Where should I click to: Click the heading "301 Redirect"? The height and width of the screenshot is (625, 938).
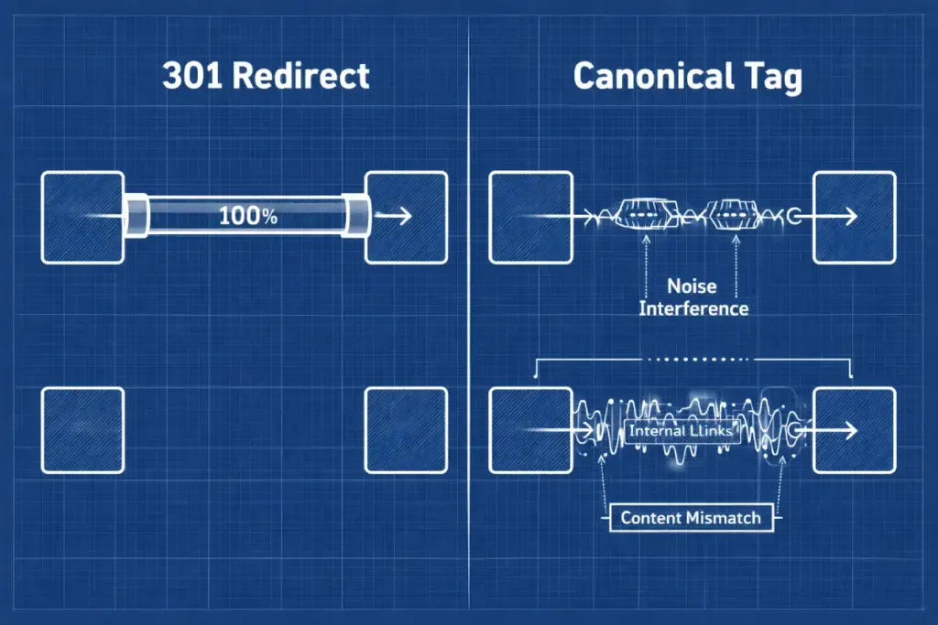tap(266, 76)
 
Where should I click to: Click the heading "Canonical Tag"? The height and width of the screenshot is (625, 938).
tap(687, 76)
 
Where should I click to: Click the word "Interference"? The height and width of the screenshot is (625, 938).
tap(693, 307)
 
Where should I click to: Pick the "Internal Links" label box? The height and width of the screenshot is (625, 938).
tap(683, 430)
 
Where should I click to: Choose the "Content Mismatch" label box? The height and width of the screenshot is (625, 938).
tap(691, 517)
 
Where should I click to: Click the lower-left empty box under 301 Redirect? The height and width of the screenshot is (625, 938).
tap(83, 430)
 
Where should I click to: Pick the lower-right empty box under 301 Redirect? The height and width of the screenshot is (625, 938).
tap(406, 430)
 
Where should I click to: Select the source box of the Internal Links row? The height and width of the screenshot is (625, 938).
tap(530, 430)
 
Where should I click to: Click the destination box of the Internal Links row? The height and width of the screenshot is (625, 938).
tap(854, 430)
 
